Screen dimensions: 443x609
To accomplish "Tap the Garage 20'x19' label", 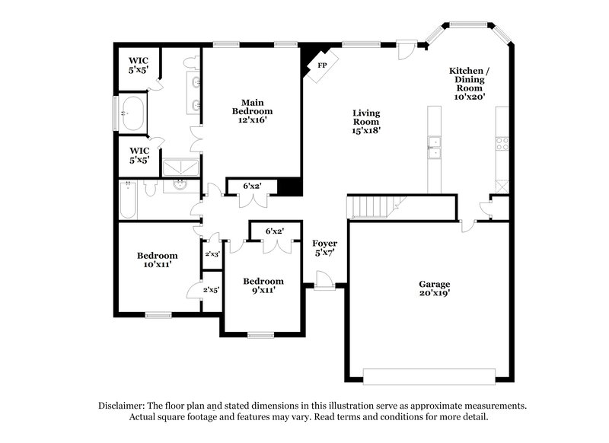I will coord(434,288).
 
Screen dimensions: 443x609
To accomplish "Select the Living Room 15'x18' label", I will coord(365,122).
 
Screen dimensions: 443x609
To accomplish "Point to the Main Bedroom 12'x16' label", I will coord(252,110).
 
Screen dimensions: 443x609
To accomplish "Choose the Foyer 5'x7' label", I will coord(325,248).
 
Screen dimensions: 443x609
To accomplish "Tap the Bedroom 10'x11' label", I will coord(157,260).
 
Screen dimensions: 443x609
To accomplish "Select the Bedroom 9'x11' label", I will coord(263,285).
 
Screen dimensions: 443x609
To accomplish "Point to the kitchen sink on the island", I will coord(435,147).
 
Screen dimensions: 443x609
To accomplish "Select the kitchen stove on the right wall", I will coord(502,143).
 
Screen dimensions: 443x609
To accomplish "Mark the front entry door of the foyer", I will coord(324,283).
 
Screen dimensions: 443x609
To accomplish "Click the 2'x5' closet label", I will coord(211,290).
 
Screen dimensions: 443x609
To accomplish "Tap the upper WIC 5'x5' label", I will coord(138,64).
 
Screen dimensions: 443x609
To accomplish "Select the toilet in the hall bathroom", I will coord(149,186).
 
